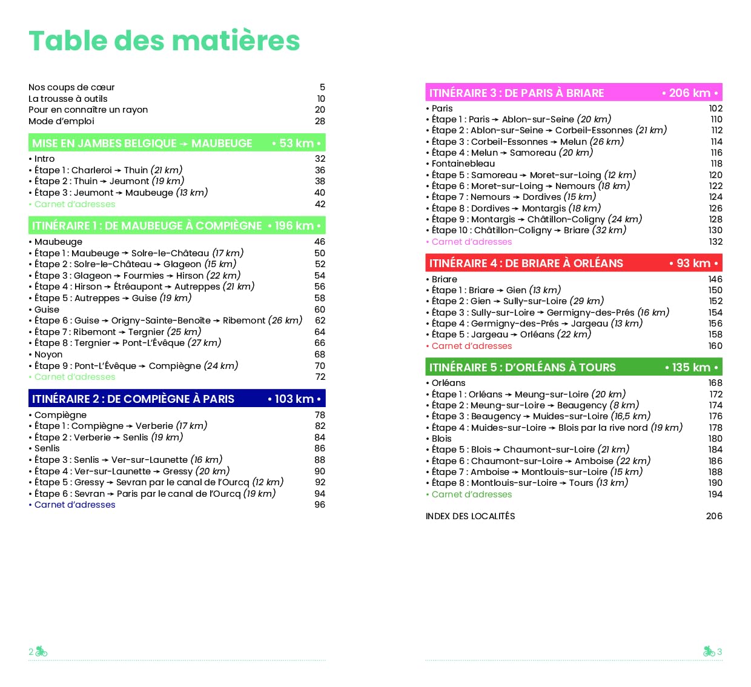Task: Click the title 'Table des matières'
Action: click(164, 41)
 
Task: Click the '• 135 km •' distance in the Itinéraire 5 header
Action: click(691, 367)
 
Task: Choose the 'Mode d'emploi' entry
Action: click(61, 121)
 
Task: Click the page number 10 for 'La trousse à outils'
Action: click(321, 99)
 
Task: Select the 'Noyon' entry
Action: click(48, 354)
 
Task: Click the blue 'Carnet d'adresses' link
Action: click(74, 505)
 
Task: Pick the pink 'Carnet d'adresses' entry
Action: click(471, 242)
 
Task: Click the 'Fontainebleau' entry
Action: click(463, 164)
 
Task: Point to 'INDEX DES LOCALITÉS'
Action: click(470, 516)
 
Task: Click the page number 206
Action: click(714, 516)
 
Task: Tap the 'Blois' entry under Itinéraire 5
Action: click(442, 439)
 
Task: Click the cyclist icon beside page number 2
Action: click(41, 651)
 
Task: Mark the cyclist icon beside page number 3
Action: click(709, 651)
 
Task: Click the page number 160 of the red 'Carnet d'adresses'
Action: click(715, 346)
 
